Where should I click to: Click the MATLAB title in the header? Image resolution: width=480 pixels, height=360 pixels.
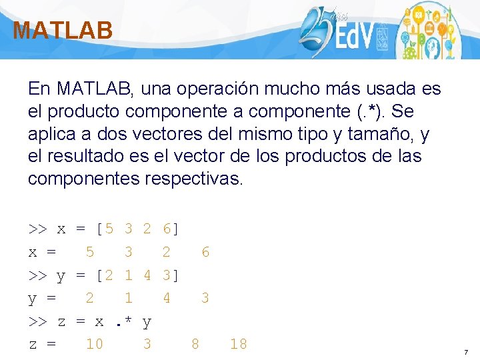pyautogui.click(x=63, y=31)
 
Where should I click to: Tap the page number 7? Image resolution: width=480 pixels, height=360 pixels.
pyautogui.click(x=466, y=351)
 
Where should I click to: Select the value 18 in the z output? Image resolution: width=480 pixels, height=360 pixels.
pyautogui.click(x=238, y=344)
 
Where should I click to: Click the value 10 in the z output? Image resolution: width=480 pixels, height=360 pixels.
pyautogui.click(x=95, y=344)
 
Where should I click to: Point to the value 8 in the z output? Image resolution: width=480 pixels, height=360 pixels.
pyautogui.click(x=195, y=344)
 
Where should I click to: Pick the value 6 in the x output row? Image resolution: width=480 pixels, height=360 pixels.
pyautogui.click(x=205, y=252)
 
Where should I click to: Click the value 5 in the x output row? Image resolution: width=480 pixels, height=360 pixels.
pyautogui.click(x=90, y=252)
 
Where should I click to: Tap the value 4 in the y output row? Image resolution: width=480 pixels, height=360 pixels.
pyautogui.click(x=167, y=298)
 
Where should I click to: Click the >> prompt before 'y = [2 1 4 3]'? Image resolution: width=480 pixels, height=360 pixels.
pyautogui.click(x=37, y=275)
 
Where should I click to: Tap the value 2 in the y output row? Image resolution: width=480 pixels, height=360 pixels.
pyautogui.click(x=90, y=298)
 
